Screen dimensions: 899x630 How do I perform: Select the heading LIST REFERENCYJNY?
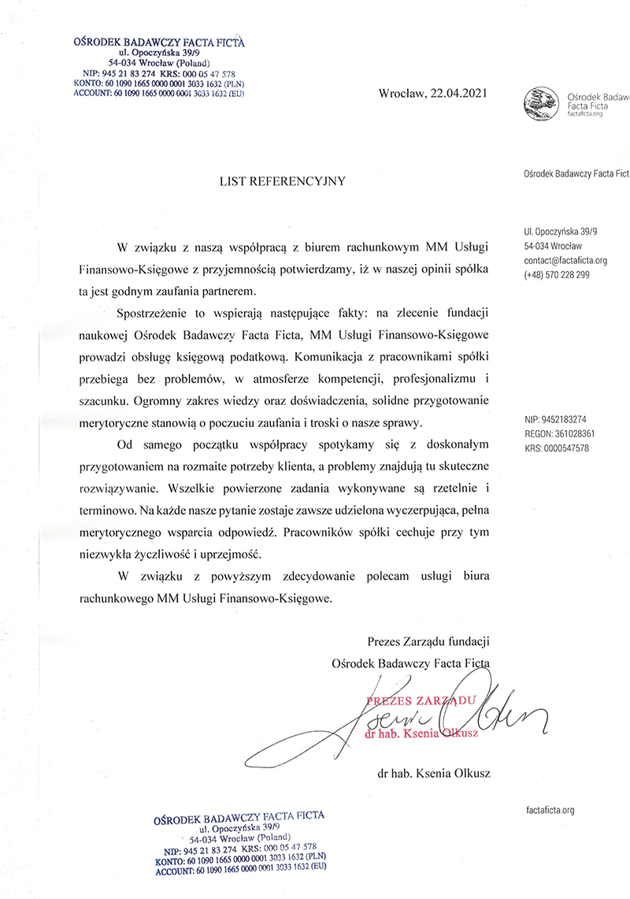282,181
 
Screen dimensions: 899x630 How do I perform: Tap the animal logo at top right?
543,104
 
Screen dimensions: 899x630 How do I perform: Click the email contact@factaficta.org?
565,260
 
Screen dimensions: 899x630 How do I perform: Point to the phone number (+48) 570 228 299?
555,275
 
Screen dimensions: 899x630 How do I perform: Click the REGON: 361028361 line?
559,434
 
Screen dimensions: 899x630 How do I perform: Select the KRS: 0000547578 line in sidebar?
556,448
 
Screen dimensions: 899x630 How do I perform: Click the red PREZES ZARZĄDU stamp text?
418,700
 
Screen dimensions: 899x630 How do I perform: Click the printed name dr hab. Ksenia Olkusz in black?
434,774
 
